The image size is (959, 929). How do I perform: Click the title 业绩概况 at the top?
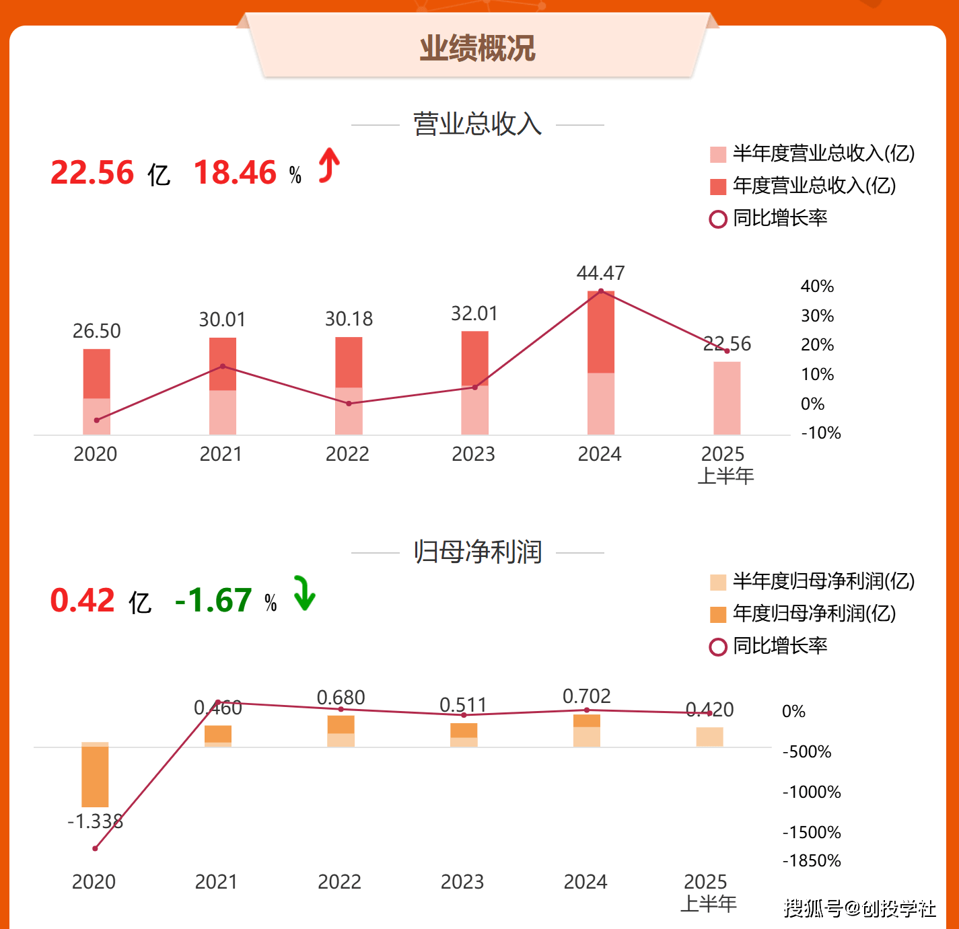point(477,48)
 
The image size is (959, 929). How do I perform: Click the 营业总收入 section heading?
point(477,124)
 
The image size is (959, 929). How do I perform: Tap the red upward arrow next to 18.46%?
point(328,165)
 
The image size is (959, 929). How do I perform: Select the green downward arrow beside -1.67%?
point(304,593)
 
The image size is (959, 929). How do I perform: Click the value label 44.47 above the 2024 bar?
point(600,273)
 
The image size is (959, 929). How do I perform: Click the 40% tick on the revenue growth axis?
point(817,287)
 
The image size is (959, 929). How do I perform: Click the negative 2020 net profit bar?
point(95,775)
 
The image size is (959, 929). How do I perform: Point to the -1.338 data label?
point(95,821)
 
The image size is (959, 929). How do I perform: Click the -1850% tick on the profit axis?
point(812,861)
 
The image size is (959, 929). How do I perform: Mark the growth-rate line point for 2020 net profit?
point(95,848)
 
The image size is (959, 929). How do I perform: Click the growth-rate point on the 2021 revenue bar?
point(223,366)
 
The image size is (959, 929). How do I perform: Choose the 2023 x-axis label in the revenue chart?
point(473,454)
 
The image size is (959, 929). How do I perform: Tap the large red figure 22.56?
point(92,173)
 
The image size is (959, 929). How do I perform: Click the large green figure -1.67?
point(213,601)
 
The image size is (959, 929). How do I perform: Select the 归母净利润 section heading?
point(477,552)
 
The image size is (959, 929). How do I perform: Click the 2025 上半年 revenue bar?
point(727,398)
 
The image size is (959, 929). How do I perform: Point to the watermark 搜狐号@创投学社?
point(859,908)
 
